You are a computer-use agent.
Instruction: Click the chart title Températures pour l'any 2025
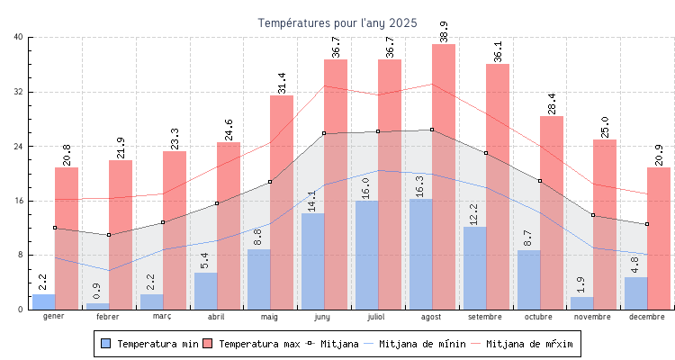(337, 22)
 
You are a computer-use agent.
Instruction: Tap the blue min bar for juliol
(366, 256)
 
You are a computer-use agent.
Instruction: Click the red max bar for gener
(67, 238)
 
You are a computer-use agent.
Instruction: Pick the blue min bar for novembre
(581, 303)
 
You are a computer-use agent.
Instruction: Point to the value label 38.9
(443, 31)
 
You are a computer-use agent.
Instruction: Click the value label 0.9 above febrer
(97, 292)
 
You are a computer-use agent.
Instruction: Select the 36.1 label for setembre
(497, 51)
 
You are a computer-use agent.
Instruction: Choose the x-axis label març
(162, 317)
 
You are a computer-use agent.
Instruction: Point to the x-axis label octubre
(539, 317)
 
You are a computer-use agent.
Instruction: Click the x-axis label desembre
(647, 317)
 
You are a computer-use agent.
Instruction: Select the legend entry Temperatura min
(148, 344)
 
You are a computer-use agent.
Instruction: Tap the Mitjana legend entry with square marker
(333, 344)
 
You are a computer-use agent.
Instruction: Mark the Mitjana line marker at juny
(324, 133)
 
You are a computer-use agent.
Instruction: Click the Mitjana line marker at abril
(217, 203)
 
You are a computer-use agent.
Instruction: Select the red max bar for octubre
(552, 212)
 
